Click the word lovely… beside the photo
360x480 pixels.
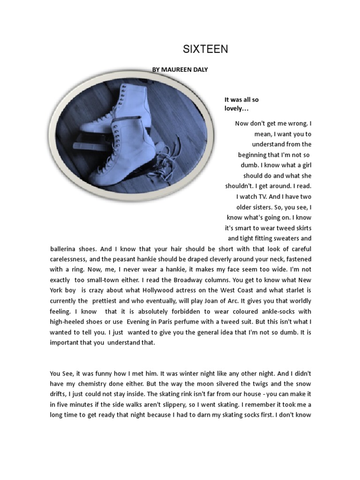pos(236,108)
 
